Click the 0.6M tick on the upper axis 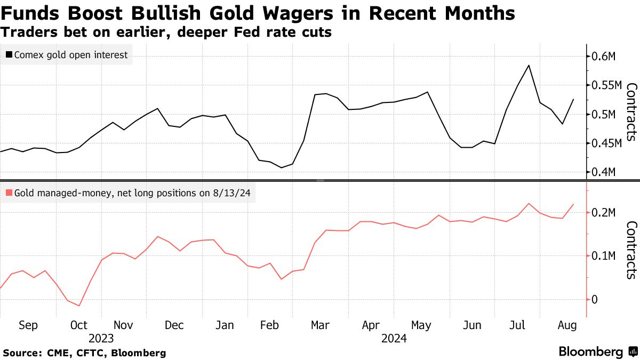[x=604, y=57]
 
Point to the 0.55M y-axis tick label [x=607, y=85]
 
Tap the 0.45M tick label [x=607, y=143]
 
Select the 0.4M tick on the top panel [x=604, y=172]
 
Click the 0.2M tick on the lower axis [x=604, y=213]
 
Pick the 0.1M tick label [x=604, y=256]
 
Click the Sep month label [x=28, y=325]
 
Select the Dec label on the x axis [x=174, y=325]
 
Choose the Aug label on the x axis [x=566, y=325]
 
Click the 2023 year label [x=101, y=338]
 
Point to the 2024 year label [x=394, y=338]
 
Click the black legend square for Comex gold [x=9, y=54]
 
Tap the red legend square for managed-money [x=9, y=193]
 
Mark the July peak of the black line [x=528, y=65]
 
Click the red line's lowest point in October [x=79, y=306]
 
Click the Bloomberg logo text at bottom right [x=591, y=351]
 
